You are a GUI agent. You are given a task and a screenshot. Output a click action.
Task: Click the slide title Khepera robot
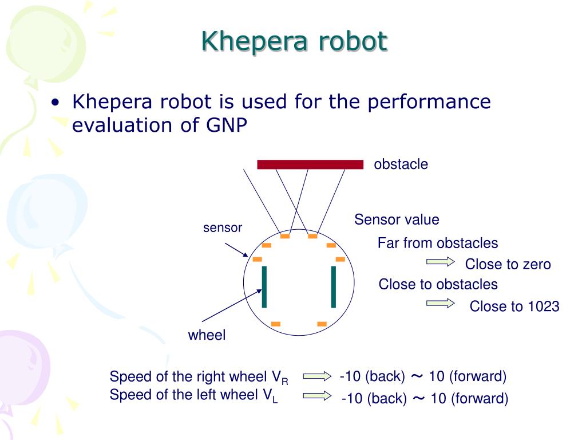pos(294,41)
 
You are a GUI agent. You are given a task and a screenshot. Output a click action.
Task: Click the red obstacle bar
pos(310,164)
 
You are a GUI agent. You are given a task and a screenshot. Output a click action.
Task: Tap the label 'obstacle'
pos(401,164)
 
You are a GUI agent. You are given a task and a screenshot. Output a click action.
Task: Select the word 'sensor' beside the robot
pos(223,227)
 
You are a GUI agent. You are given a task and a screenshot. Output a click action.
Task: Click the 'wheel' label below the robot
pos(207,335)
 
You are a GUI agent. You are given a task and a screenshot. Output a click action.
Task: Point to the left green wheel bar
pos(264,286)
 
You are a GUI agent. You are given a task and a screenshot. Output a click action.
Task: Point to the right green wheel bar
pos(333,286)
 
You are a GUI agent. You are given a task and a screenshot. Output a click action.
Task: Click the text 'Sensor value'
pos(397,219)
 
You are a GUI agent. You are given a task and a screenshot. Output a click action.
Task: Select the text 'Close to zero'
pos(508,264)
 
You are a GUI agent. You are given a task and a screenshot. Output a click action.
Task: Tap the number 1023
pos(543,307)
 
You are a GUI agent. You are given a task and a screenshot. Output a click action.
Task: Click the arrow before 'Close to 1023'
pos(440,304)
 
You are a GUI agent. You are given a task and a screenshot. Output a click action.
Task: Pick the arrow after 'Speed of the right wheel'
pos(317,376)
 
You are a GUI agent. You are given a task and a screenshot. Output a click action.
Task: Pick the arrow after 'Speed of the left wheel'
pos(317,395)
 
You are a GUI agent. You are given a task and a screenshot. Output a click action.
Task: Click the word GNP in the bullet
pos(225,125)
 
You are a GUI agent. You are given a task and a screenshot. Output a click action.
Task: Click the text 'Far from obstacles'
pos(438,243)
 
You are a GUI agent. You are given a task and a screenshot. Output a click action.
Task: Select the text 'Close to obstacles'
pos(438,284)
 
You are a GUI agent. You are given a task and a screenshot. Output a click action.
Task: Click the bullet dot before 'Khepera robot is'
pos(55,104)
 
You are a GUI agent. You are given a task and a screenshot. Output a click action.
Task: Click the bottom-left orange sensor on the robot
pos(276,324)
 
